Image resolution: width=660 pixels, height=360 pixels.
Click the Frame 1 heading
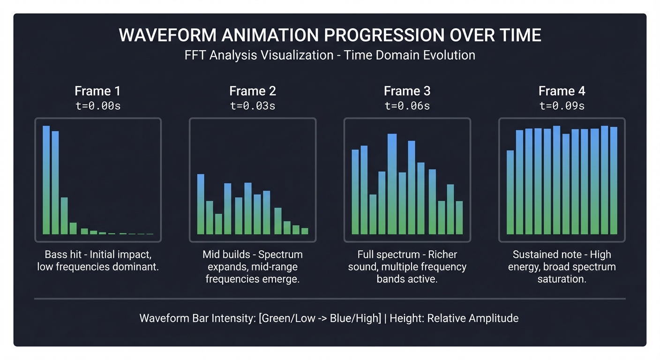coord(97,91)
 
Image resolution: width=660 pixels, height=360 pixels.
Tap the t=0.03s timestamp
coord(252,105)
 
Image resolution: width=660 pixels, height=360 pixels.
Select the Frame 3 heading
coord(407,91)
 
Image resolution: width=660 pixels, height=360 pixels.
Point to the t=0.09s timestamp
coord(562,105)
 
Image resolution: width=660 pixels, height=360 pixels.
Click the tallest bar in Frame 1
coord(46,180)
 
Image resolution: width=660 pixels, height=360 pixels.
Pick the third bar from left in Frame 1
coord(64,216)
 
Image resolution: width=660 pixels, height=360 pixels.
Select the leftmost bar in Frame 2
coord(201,204)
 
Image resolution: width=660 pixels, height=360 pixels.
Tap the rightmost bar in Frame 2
coord(305,231)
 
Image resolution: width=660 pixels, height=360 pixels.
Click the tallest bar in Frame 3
coord(392,184)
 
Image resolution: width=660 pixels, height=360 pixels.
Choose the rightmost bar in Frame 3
coord(459,217)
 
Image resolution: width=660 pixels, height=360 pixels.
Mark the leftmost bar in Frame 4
coord(510,192)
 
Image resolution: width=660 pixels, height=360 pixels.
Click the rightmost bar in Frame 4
coord(614,180)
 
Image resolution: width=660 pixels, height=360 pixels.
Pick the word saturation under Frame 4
coord(562,279)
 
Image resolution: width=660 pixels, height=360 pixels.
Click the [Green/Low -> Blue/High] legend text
coord(320,318)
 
